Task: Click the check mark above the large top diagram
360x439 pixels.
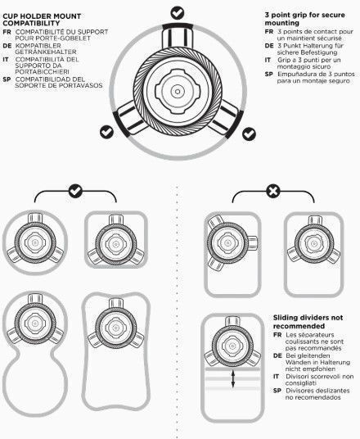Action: (x=178, y=12)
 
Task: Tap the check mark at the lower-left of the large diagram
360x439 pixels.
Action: (x=106, y=132)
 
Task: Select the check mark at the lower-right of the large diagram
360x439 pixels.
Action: (x=249, y=134)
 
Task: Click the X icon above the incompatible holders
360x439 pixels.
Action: (x=273, y=192)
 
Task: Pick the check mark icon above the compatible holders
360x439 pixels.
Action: (x=75, y=191)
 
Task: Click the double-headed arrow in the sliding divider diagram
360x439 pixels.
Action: (x=233, y=379)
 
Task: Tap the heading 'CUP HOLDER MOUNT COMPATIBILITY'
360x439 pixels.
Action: (x=42, y=20)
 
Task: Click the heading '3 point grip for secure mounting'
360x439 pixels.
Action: (x=304, y=19)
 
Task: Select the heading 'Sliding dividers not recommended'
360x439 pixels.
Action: (x=308, y=322)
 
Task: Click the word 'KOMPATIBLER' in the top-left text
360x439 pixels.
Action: (x=38, y=45)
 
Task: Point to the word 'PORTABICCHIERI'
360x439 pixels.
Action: (x=43, y=72)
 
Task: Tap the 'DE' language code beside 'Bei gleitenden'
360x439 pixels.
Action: (x=277, y=355)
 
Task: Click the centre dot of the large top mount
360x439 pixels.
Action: (x=178, y=92)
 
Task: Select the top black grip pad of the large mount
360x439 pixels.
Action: (x=178, y=26)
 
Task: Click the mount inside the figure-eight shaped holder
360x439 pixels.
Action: (x=35, y=322)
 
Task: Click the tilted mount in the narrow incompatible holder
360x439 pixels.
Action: (x=229, y=242)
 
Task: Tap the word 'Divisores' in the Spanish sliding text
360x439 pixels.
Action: (x=299, y=391)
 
